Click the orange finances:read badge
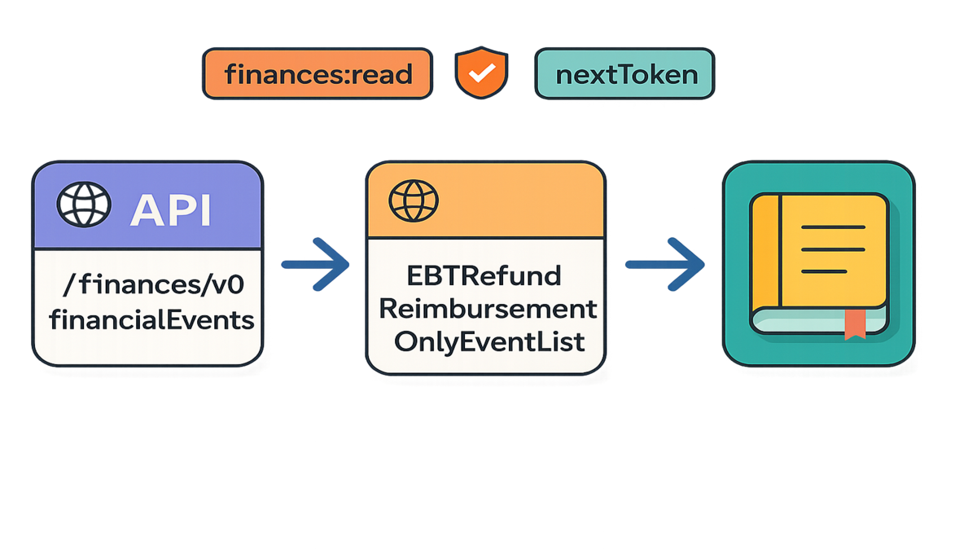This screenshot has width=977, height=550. click(x=318, y=75)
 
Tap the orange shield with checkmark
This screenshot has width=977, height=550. click(x=483, y=73)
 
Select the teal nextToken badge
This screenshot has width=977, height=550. click(x=625, y=75)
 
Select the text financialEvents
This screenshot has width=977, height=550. click(x=151, y=319)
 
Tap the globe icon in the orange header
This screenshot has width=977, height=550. click(x=414, y=200)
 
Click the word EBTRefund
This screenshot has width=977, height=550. click(x=485, y=276)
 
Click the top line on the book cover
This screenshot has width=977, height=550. click(x=833, y=227)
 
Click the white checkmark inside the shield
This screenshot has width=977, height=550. click(x=483, y=73)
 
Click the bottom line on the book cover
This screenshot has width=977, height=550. click(x=833, y=266)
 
